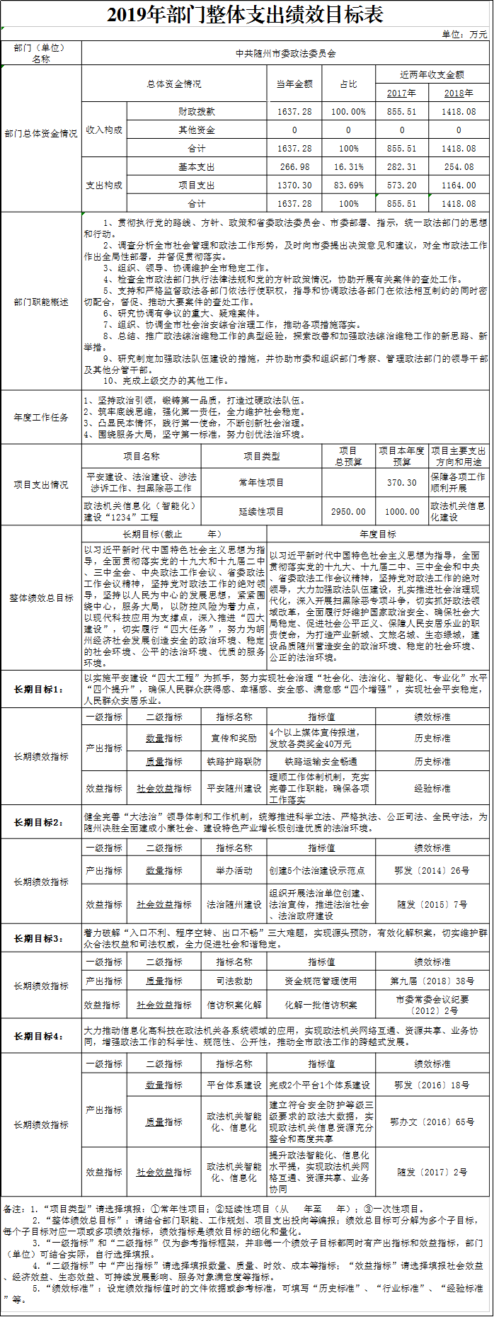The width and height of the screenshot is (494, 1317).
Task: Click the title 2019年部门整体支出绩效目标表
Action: (x=246, y=15)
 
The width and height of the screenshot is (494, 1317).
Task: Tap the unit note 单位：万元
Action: (x=464, y=34)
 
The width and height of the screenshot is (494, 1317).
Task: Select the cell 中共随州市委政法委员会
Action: (x=286, y=53)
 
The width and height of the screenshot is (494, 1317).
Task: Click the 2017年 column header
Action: (x=401, y=93)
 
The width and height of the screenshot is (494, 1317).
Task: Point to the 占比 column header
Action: (x=348, y=84)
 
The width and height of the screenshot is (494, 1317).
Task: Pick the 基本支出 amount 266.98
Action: (x=294, y=167)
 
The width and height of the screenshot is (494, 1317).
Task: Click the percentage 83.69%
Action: (x=348, y=186)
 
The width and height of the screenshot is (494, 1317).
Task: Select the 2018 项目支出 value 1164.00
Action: (x=459, y=186)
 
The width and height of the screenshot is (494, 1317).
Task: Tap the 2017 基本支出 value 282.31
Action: (x=401, y=167)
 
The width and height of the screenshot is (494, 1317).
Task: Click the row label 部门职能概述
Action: (x=41, y=302)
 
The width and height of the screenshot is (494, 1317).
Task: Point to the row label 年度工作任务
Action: (x=41, y=418)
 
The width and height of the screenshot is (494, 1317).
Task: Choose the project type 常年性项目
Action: (x=261, y=483)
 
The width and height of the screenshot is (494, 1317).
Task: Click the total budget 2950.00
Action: (x=348, y=511)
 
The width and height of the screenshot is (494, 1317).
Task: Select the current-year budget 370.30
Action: (x=401, y=483)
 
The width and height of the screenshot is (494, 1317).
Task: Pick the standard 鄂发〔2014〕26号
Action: (x=432, y=871)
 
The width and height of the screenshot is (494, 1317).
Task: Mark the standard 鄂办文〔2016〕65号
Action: (x=432, y=1122)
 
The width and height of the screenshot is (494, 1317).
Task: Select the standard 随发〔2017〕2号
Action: (x=432, y=1173)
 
